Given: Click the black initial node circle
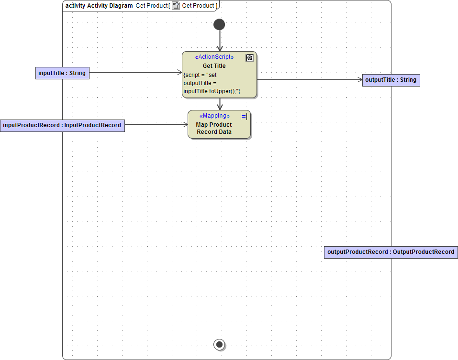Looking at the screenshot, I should [219, 24].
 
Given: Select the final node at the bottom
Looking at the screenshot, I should [219, 344].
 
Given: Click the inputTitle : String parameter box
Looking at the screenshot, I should [62, 73].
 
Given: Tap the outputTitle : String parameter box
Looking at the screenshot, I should [391, 80].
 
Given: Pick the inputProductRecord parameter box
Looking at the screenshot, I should [62, 125].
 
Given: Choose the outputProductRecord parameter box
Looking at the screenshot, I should [391, 252].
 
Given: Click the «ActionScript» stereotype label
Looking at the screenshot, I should [214, 57].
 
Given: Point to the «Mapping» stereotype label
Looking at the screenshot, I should [214, 116].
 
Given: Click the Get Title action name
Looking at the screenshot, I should [214, 66].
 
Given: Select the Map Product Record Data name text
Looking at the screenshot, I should [214, 128].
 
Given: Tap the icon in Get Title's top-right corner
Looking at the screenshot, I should [249, 58].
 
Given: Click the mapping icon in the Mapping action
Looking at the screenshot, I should [244, 116].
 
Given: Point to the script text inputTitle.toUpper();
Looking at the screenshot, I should [212, 91].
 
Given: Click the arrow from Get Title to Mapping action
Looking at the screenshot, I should [220, 104].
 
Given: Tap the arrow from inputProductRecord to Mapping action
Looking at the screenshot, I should [156, 125].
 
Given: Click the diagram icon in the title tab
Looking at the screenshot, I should [176, 6].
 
